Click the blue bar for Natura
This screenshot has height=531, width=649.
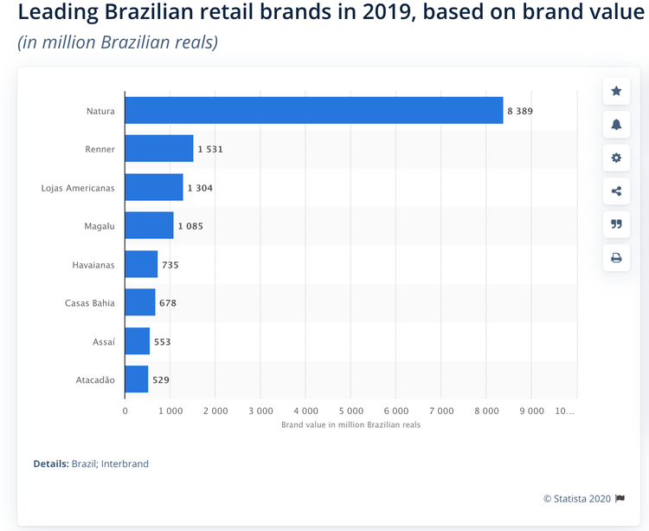click(x=314, y=110)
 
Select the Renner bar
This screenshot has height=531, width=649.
click(x=159, y=148)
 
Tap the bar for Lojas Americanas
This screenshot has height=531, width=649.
click(x=154, y=187)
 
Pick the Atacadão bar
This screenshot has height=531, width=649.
click(x=137, y=379)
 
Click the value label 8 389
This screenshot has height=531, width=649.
click(x=520, y=111)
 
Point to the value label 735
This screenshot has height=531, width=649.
click(x=170, y=265)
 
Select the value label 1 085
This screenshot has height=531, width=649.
click(x=190, y=226)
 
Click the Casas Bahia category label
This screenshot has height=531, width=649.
click(x=90, y=303)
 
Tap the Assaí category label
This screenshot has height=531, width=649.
click(x=104, y=341)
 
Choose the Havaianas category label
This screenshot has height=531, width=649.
click(x=93, y=265)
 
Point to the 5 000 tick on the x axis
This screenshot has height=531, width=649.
click(x=351, y=411)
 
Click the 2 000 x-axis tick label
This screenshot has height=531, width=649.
click(x=215, y=411)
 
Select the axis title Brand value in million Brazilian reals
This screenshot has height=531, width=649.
click(x=350, y=425)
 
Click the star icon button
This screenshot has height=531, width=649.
click(x=616, y=91)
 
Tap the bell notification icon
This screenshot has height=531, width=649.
click(x=616, y=124)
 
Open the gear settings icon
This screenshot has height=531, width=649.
click(x=616, y=158)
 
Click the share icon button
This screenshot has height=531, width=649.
click(x=616, y=191)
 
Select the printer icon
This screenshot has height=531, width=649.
click(x=616, y=257)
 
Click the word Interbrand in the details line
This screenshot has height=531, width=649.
click(x=125, y=463)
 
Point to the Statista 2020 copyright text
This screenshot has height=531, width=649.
click(x=577, y=499)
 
